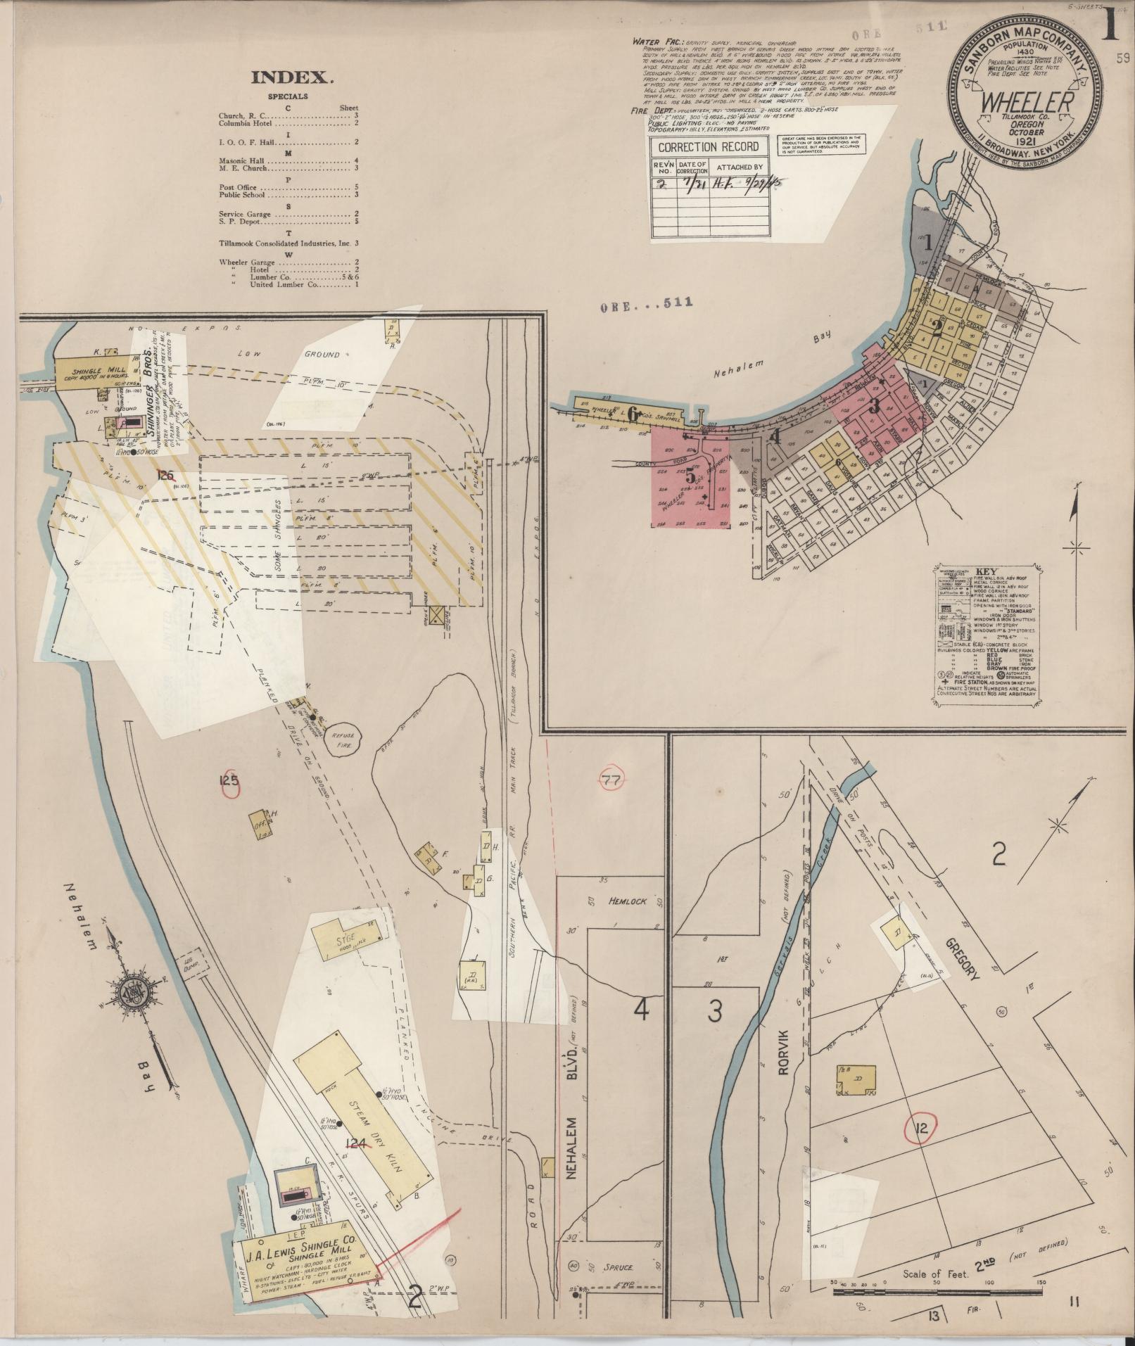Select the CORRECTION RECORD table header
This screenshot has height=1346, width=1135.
point(709,147)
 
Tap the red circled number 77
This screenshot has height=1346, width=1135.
point(610,780)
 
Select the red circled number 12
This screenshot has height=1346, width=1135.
point(922,1128)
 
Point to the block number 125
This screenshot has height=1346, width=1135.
point(229,780)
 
